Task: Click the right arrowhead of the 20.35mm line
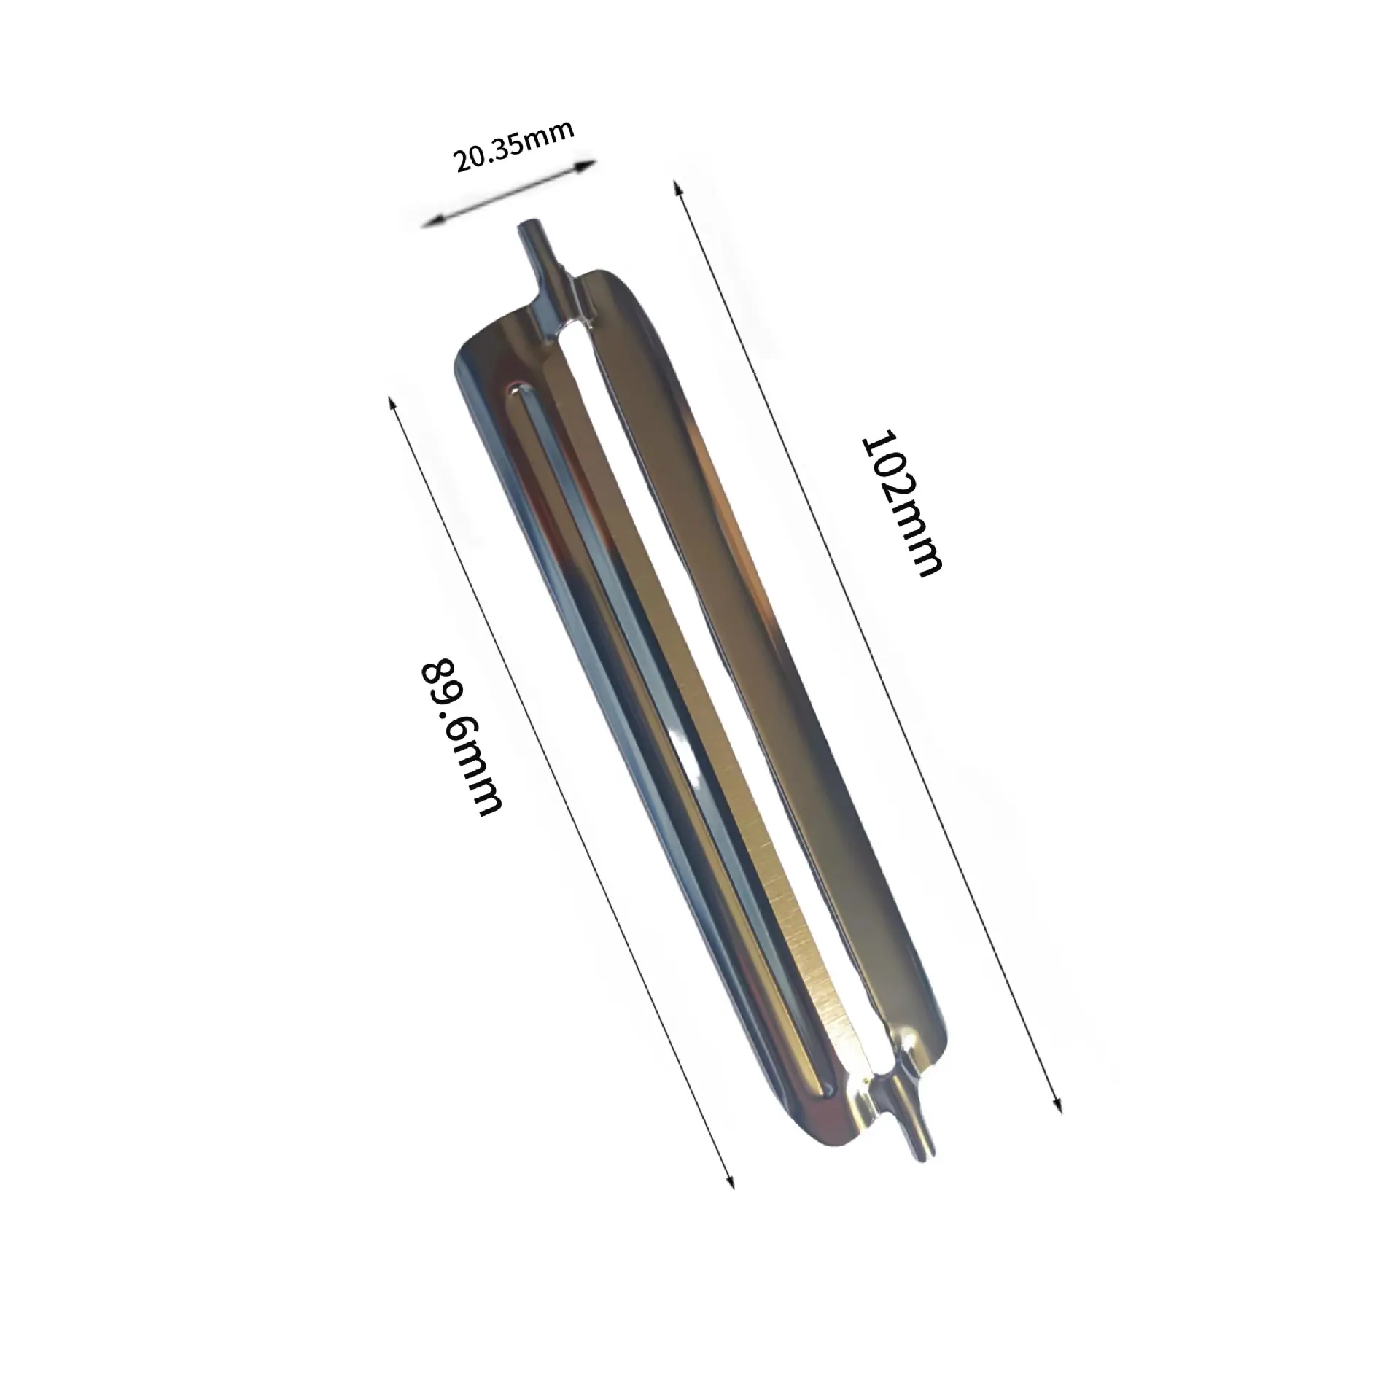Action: [587, 166]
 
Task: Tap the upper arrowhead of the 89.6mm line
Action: [394, 406]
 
